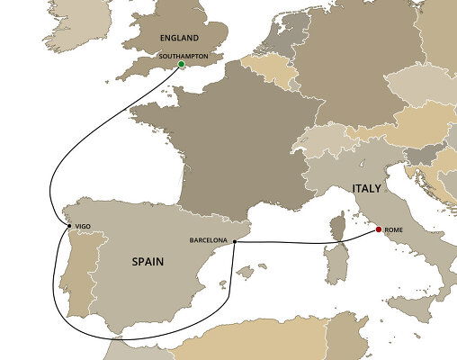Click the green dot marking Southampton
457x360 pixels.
point(182,65)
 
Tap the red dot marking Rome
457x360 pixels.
point(378,229)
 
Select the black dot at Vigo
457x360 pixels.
point(68,226)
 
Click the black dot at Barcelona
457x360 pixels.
point(235,241)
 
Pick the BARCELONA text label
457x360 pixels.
point(211,241)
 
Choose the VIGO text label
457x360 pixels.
point(84,226)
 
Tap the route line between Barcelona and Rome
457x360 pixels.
point(297,243)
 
